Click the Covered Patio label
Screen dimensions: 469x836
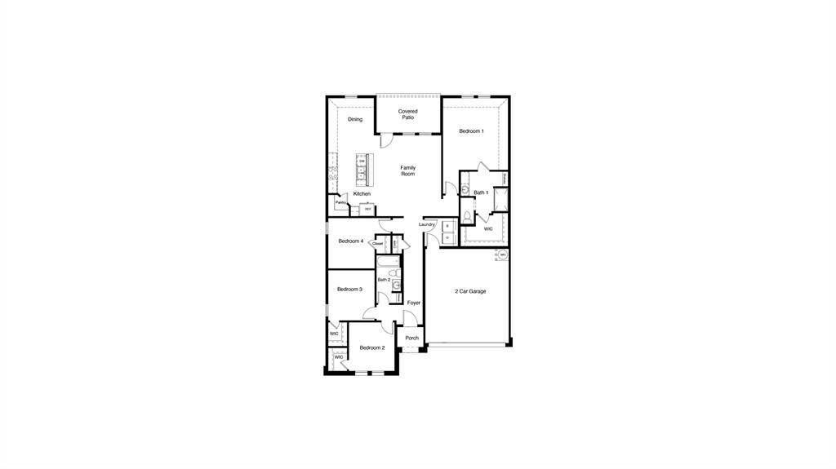407,114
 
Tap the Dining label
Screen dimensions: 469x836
354,119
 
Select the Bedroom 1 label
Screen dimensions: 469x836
471,131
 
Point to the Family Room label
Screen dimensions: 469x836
407,170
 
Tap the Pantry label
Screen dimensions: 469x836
340,202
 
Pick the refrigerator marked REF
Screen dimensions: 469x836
368,209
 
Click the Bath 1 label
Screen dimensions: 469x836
481,192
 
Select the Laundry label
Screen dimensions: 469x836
427,224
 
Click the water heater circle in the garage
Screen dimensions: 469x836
503,255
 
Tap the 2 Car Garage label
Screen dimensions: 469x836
470,291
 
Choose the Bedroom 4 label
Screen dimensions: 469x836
350,241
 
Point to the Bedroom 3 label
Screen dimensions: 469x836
349,289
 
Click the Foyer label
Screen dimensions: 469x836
414,303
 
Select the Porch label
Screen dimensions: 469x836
411,338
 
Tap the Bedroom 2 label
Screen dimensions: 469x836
372,347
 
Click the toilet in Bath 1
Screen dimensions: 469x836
466,216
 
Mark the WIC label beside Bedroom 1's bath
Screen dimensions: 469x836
488,229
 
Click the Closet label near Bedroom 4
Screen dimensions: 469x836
378,243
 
